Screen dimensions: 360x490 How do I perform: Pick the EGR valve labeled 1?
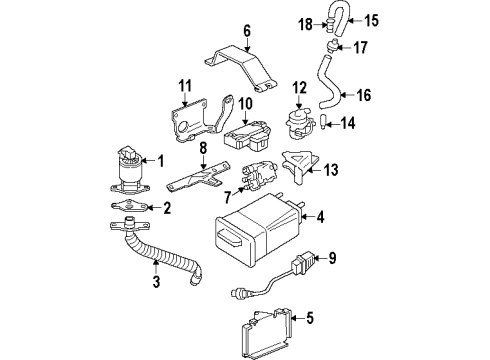pyautogui.click(x=127, y=170)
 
